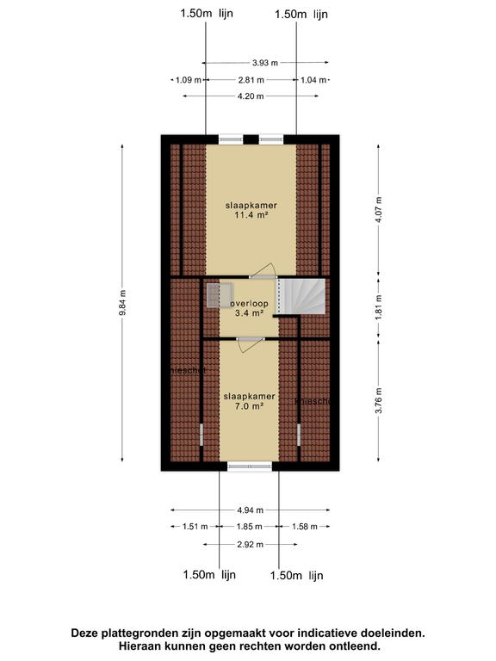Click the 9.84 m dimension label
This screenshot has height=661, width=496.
click(x=122, y=301)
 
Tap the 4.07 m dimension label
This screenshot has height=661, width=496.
click(x=378, y=209)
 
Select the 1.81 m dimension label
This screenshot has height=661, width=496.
click(x=378, y=308)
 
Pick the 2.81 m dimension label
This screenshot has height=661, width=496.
click(x=251, y=80)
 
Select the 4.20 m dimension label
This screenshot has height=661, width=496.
click(x=251, y=96)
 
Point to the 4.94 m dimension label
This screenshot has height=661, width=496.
click(x=250, y=510)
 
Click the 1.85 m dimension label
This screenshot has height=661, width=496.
click(x=250, y=527)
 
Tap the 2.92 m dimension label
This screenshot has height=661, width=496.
click(x=250, y=544)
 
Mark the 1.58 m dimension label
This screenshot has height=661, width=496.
click(x=304, y=527)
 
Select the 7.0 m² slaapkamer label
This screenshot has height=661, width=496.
click(x=249, y=401)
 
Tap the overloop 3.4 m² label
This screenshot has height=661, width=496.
click(x=250, y=308)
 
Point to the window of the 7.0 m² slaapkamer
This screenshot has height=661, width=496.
click(x=250, y=466)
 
